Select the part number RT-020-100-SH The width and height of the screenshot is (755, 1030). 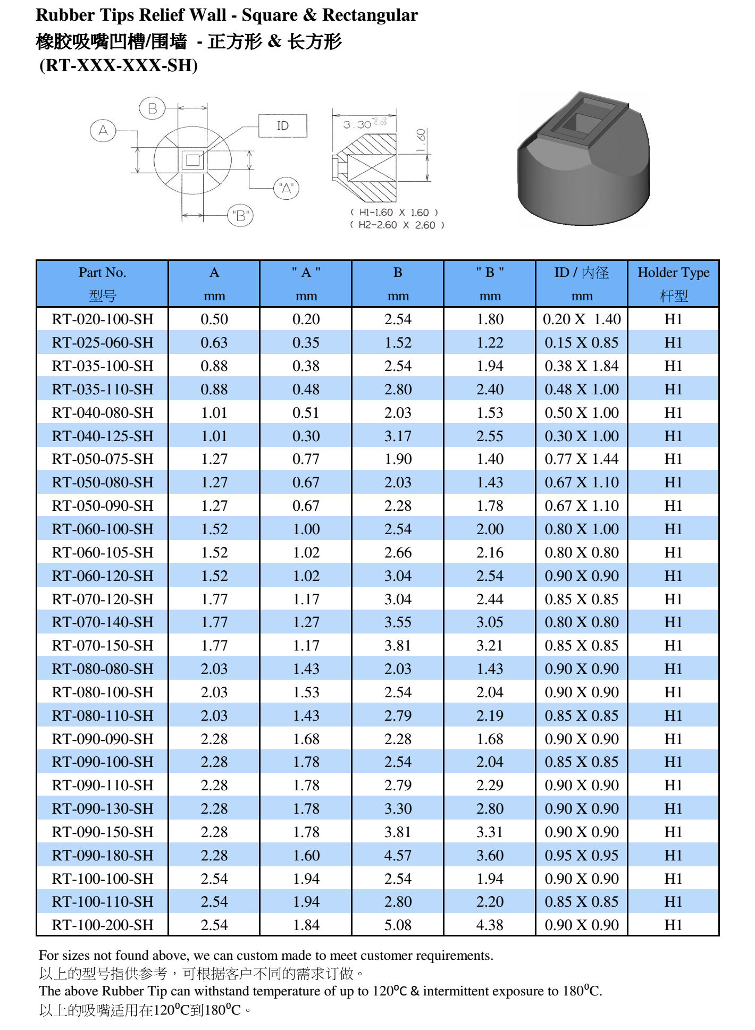102,319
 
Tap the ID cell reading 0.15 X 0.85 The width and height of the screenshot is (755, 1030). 581,342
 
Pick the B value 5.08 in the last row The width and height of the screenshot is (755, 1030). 398,925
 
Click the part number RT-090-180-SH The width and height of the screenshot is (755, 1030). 102,855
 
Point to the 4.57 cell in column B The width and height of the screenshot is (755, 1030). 398,855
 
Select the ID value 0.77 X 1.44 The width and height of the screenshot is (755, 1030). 581,459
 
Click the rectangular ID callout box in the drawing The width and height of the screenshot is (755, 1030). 282,126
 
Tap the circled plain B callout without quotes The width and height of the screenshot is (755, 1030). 152,109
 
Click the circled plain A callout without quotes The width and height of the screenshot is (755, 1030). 103,130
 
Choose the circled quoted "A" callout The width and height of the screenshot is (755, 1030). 287,188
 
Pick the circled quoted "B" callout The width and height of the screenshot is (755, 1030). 240,216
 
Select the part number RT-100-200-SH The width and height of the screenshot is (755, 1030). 102,925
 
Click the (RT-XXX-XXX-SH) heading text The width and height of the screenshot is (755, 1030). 119,65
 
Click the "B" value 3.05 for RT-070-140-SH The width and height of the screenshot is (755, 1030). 490,622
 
